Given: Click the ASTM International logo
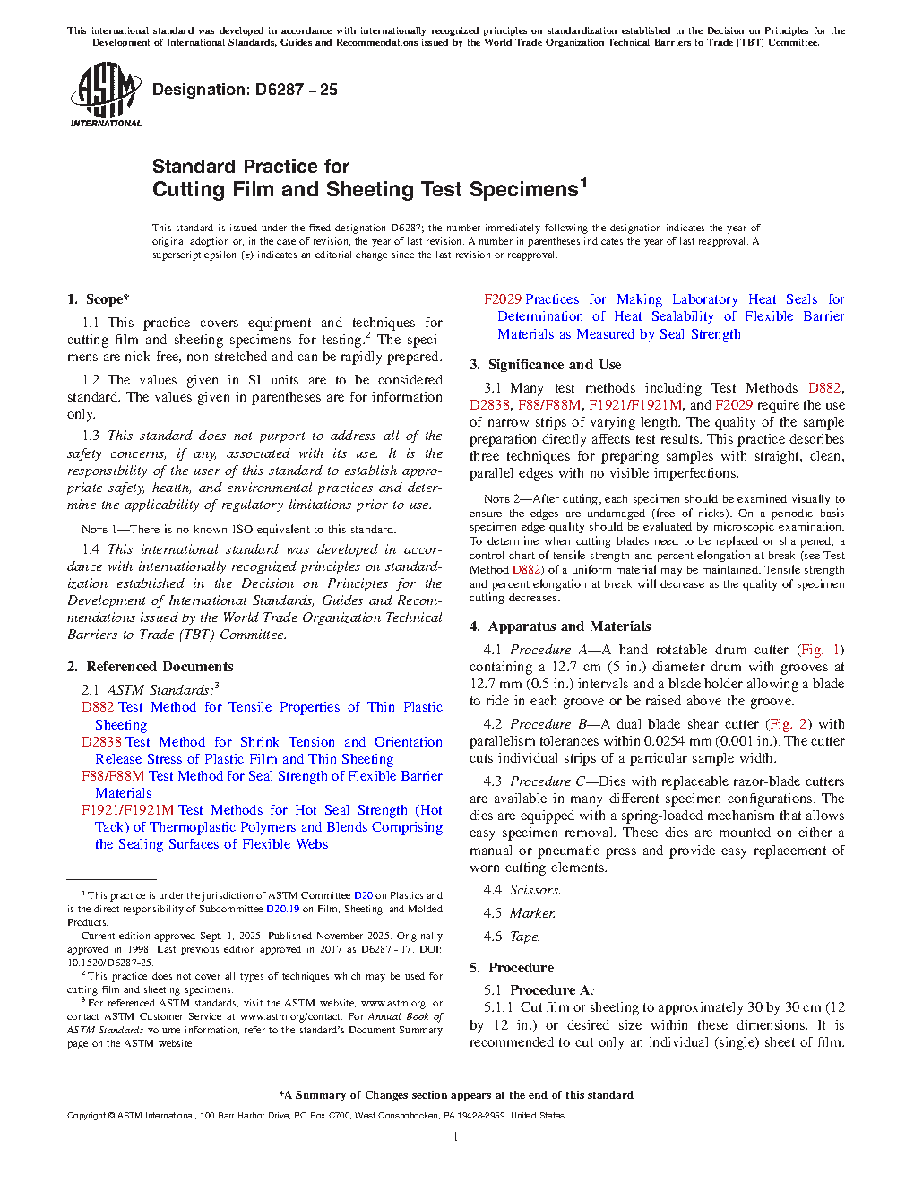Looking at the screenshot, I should (106, 94).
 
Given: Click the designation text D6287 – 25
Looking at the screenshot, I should (245, 90).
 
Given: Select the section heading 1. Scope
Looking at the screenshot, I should (99, 299).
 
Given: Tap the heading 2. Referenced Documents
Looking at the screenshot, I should (151, 667).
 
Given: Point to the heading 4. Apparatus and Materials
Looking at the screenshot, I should (560, 626).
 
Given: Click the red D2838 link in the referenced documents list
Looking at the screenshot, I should (101, 742).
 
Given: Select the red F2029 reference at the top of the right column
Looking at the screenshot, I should (503, 299).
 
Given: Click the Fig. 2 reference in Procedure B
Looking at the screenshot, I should (789, 724).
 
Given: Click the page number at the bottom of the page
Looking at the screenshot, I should (456, 1137).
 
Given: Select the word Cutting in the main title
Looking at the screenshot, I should (188, 190).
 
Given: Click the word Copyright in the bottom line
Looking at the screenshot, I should (86, 1116).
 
